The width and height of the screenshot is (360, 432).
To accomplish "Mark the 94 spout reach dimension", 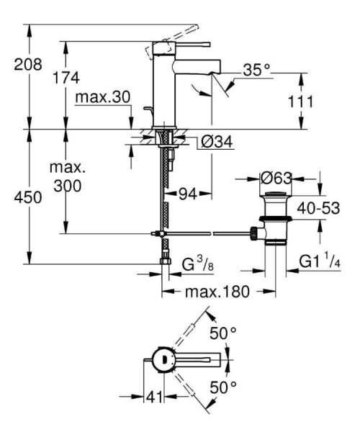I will (x=186, y=193).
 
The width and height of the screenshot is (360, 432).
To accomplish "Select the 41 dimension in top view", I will (x=153, y=397).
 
